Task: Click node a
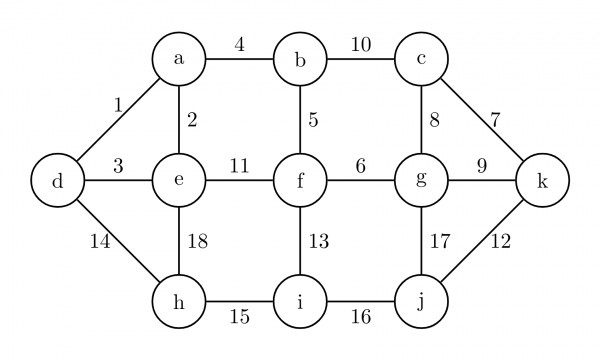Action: coord(179,60)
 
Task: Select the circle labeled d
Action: coord(56,181)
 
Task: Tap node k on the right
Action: coord(543,181)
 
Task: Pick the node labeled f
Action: coord(300,181)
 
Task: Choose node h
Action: coord(179,301)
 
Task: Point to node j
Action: coord(421,301)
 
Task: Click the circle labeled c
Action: coord(421,60)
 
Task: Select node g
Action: coord(421,181)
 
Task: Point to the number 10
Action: coord(360,44)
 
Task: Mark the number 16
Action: coord(360,317)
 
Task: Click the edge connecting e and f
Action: coord(240,181)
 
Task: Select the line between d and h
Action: coord(117,241)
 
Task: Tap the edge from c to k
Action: coord(482,120)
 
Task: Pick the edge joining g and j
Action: coord(421,241)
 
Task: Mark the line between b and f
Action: coord(300,120)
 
